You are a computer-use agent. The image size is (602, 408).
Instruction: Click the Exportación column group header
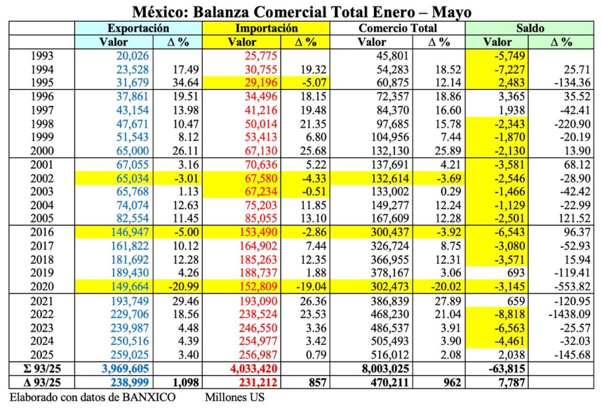click(138, 28)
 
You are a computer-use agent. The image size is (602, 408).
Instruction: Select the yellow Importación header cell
click(266, 28)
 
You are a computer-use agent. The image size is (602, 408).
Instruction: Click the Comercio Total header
click(397, 28)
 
